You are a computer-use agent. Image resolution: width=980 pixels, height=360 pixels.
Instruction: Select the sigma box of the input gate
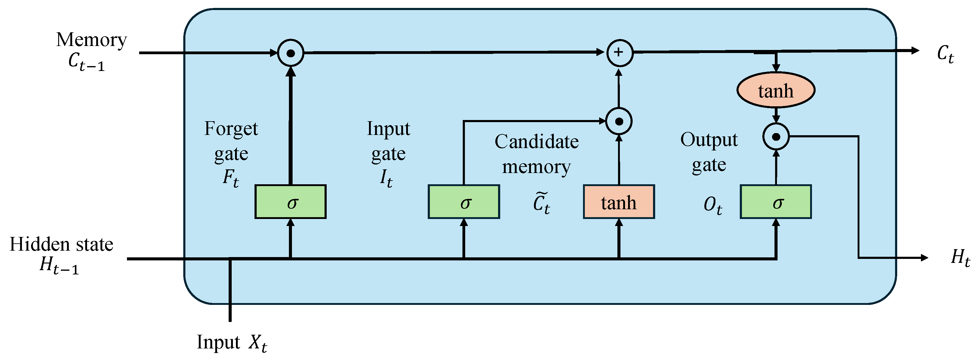coord(464,202)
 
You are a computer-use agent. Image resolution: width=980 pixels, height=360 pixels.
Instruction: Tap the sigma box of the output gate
coord(776,202)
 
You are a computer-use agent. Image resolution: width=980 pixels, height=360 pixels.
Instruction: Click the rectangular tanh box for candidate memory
coord(619,202)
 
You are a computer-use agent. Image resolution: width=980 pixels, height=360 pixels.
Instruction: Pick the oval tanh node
coord(776,90)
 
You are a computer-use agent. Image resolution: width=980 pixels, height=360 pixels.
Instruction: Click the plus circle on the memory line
coord(619,52)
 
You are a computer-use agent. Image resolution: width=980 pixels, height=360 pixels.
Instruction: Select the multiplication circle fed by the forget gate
coord(291,53)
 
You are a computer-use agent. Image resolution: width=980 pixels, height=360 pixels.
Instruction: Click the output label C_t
coord(945,54)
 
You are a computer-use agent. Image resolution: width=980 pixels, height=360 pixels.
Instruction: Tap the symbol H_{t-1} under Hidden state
coord(59,265)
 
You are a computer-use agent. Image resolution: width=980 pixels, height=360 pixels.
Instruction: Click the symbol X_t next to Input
coord(258,343)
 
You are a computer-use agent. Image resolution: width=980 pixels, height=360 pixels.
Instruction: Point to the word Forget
coord(231,129)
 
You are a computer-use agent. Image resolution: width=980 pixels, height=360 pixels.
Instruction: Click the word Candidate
coord(536,142)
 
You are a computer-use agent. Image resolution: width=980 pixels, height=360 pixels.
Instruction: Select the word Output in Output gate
coord(709,140)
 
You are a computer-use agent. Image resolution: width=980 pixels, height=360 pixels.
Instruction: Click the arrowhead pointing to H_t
coord(925,258)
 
